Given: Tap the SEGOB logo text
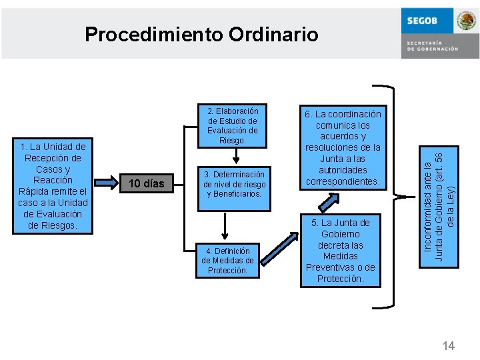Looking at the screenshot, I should [x=423, y=21].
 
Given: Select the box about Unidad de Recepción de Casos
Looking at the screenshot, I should [x=53, y=186].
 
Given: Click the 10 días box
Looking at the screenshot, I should [x=146, y=183].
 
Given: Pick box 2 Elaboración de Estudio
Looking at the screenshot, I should [x=233, y=125].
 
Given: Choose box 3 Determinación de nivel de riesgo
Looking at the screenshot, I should [x=234, y=183].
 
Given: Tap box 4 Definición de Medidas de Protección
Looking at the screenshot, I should [x=227, y=260].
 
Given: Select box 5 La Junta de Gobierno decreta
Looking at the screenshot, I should [x=340, y=250].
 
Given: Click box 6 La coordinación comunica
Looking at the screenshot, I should [x=343, y=147].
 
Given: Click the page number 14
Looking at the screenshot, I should [x=449, y=345].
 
